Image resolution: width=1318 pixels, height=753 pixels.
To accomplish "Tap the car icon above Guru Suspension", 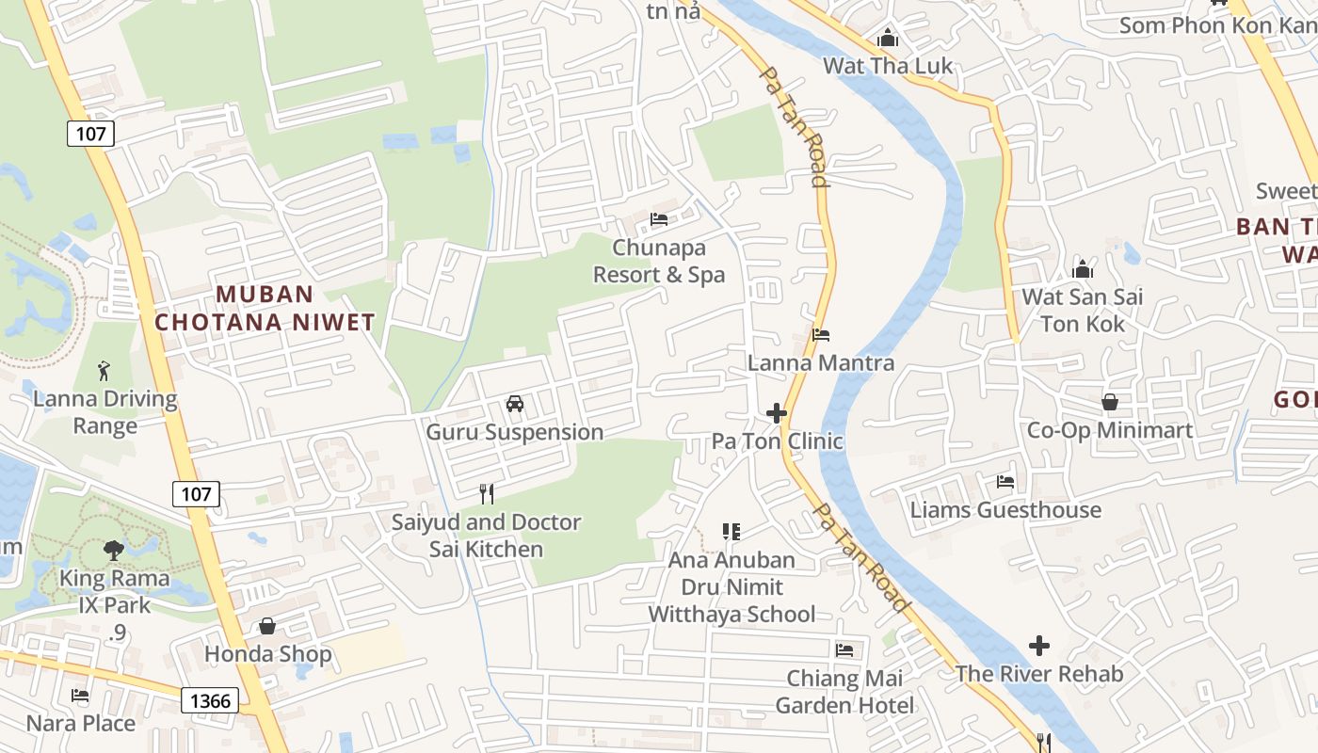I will [x=515, y=404].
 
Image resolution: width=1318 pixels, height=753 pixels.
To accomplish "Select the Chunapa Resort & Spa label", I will [x=659, y=261].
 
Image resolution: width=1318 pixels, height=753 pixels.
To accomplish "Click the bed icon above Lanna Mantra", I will [x=821, y=335].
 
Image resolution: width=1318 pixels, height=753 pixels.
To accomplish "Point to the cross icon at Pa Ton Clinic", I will [x=777, y=413].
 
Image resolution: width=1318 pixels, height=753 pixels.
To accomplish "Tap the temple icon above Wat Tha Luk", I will [x=888, y=39].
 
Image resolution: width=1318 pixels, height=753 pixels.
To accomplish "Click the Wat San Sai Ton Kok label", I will [x=1082, y=311].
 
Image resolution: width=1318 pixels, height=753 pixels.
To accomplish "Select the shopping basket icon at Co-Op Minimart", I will [x=1110, y=402].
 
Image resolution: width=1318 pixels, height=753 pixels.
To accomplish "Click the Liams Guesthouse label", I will [x=1005, y=510].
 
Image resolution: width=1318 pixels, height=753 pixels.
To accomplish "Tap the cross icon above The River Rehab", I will [x=1039, y=646].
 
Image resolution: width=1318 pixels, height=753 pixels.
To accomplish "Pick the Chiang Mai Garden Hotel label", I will [x=844, y=692].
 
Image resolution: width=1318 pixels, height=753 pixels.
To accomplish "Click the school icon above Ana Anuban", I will [x=731, y=532].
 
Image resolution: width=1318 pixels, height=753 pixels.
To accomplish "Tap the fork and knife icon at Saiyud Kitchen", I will [x=487, y=493].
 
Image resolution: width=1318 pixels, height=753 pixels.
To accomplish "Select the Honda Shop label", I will [x=268, y=654].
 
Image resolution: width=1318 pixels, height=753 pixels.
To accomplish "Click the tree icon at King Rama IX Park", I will [x=114, y=549].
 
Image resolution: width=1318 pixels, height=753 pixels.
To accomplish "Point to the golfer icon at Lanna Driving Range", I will [x=104, y=370].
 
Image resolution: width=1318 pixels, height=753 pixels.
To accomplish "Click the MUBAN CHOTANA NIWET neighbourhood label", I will [x=265, y=308].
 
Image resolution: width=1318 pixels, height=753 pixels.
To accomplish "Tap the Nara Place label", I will [x=81, y=723].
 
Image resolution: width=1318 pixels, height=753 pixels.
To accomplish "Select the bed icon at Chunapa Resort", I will [x=659, y=219].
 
